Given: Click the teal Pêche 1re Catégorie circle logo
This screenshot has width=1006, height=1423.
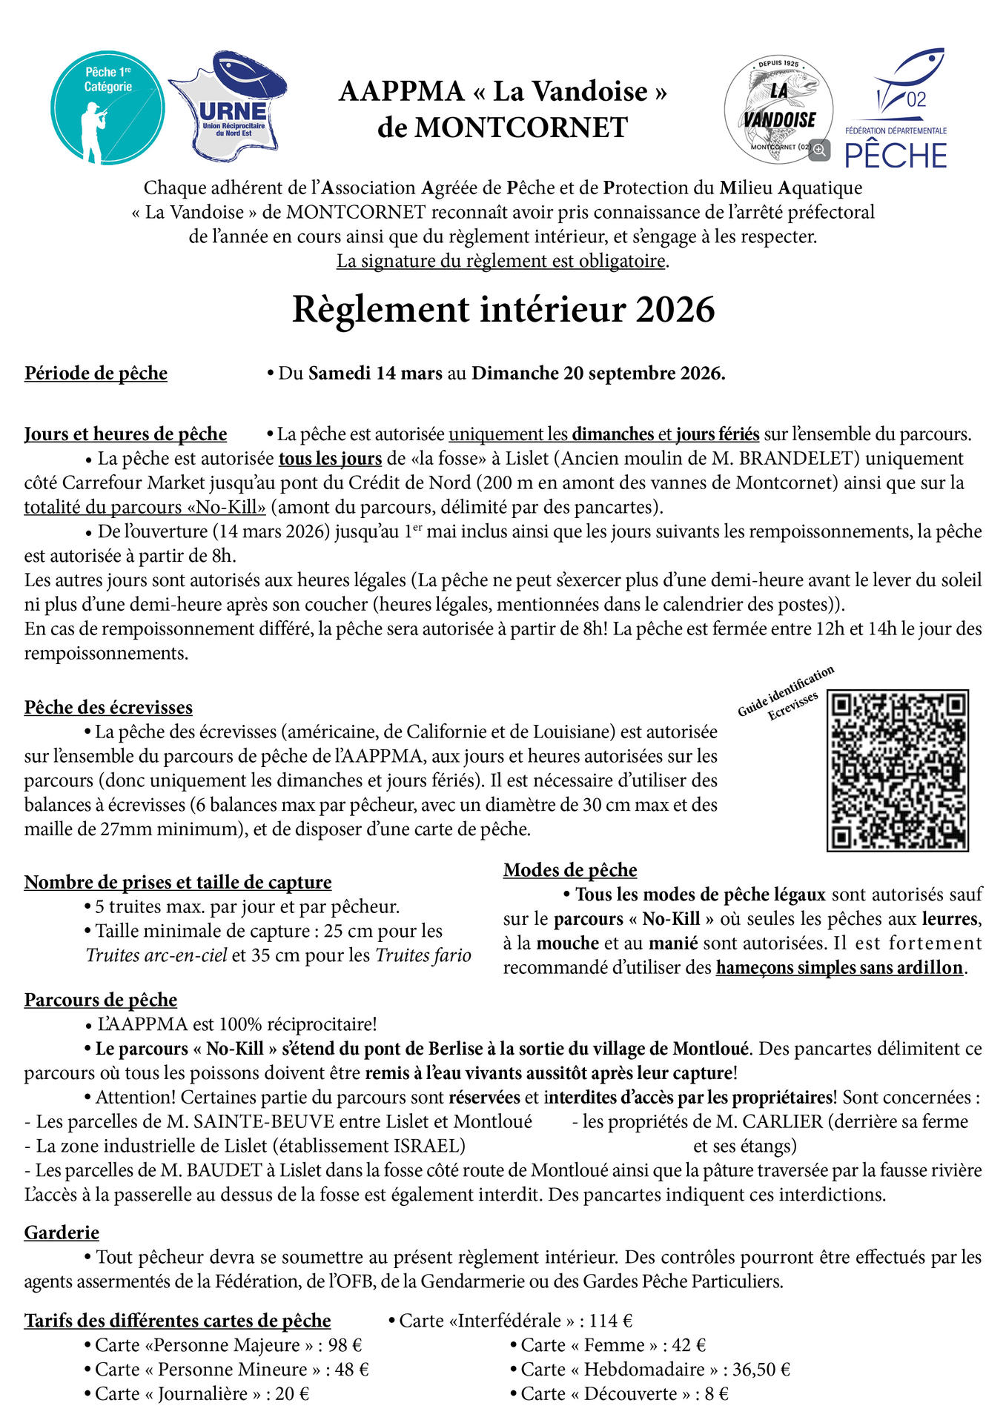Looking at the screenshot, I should (107, 107).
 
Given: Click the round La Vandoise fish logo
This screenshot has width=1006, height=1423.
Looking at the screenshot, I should (778, 109).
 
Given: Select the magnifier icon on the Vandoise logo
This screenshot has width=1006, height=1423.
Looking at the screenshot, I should (819, 150).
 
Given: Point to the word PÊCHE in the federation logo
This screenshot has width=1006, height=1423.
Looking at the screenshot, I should (896, 156).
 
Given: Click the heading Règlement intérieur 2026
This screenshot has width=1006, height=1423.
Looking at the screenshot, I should (503, 310).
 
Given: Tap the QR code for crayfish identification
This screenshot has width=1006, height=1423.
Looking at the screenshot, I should (897, 770).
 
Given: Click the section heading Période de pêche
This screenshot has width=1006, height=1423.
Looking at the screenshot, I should (96, 373).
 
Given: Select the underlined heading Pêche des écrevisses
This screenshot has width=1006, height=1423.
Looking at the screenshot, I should (108, 707).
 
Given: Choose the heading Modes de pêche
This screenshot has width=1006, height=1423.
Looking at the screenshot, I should (570, 869).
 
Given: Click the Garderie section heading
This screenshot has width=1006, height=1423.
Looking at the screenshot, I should (62, 1232).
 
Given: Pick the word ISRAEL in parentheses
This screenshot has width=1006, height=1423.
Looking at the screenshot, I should (431, 1146).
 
